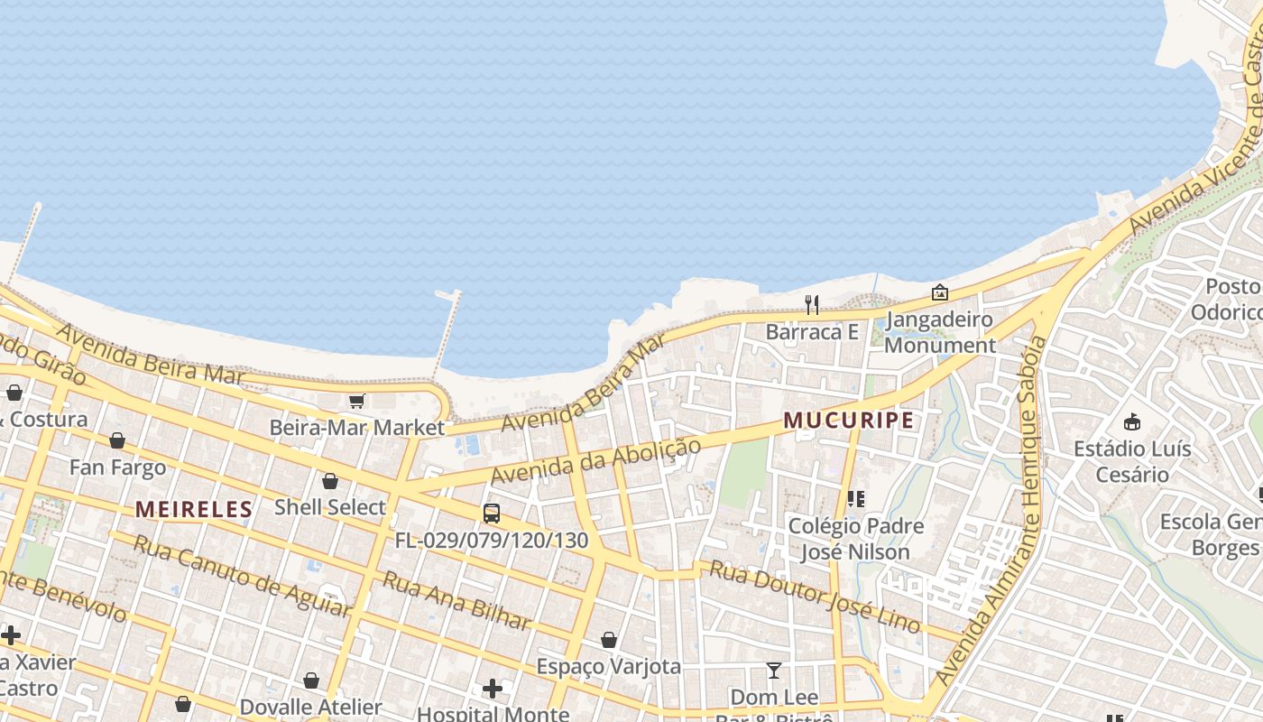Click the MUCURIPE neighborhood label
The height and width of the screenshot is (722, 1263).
[x=848, y=420]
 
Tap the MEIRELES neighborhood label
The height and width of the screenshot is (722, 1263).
[x=194, y=509]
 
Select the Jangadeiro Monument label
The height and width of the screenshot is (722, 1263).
[x=940, y=332]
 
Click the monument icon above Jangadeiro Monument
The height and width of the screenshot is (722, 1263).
[x=939, y=292]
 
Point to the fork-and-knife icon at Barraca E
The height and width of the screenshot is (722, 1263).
[x=812, y=304]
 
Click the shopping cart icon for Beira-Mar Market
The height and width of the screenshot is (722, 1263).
[x=356, y=401]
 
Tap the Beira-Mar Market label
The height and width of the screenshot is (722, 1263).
[x=357, y=427]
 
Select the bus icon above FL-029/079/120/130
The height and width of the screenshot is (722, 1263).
[x=492, y=514]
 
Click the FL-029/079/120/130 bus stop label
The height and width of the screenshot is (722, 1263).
[x=492, y=541]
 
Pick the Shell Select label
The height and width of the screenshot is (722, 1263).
[x=330, y=507]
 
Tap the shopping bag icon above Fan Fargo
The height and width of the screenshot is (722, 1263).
[x=117, y=440]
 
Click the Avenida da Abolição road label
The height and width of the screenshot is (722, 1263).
[x=595, y=460]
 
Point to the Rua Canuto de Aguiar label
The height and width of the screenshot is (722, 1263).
[x=241, y=575]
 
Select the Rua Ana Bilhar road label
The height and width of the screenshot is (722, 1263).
[x=456, y=599]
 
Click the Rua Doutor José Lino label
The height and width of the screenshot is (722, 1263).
[x=815, y=595]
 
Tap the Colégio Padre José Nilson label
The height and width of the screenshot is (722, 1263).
[x=856, y=538]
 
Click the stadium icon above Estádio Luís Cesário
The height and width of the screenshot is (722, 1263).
[x=1132, y=421]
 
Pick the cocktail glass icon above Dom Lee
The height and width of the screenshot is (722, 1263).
[x=773, y=670]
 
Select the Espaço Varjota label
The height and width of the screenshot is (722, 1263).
[x=609, y=666]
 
